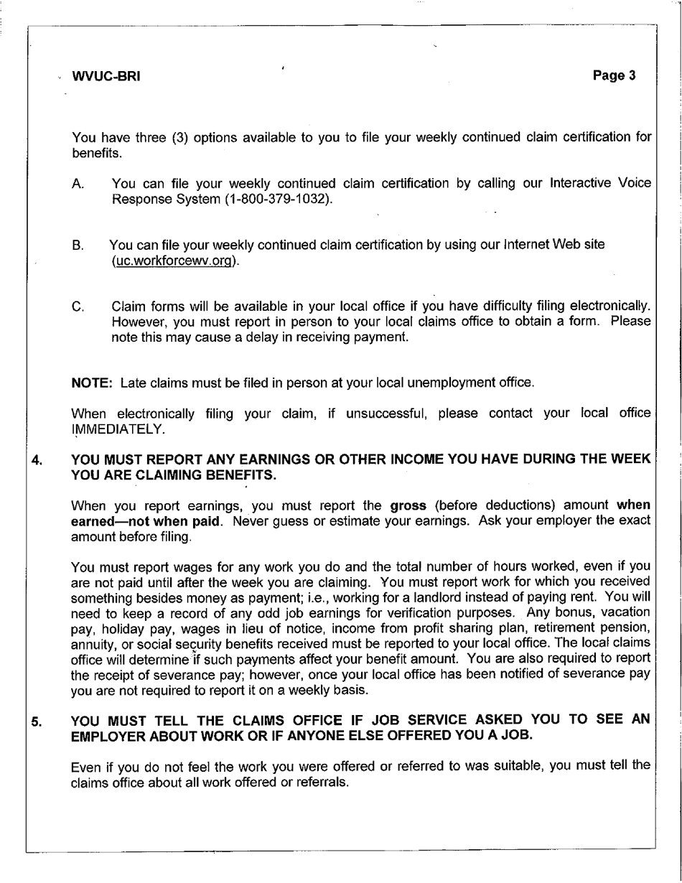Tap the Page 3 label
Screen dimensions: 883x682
pyautogui.click(x=615, y=75)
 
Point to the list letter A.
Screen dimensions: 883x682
pyautogui.click(x=78, y=184)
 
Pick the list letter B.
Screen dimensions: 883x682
pyautogui.click(x=78, y=246)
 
